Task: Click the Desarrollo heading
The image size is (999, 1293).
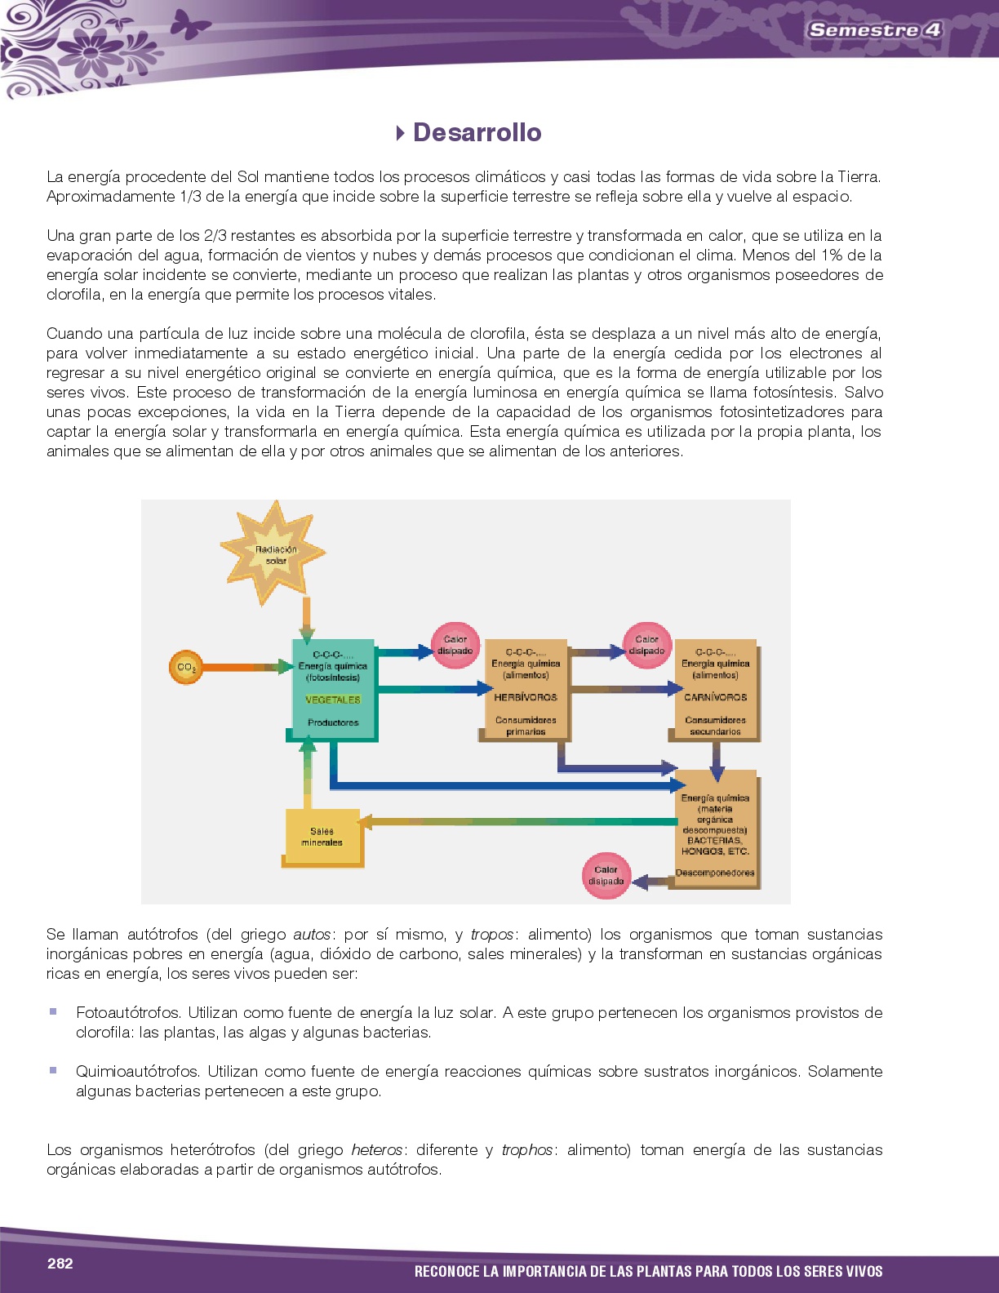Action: [x=477, y=132]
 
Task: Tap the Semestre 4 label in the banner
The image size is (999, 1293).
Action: [x=874, y=30]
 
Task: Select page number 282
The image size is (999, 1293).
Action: [x=60, y=1263]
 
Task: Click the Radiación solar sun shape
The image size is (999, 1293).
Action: [x=273, y=553]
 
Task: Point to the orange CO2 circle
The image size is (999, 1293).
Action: [x=186, y=668]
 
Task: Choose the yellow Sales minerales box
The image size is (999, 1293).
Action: [x=322, y=837]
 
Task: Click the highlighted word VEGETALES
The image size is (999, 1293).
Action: [x=332, y=700]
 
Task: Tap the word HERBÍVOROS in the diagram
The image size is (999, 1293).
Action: [x=526, y=697]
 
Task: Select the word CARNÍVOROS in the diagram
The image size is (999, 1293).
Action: [x=715, y=697]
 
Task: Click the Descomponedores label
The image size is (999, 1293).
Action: [x=715, y=873]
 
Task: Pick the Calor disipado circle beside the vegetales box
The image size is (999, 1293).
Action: [x=455, y=645]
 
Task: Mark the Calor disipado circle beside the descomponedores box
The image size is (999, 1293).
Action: [x=606, y=875]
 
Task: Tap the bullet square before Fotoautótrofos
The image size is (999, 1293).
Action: [x=53, y=1011]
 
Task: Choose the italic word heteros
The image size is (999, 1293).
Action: [x=376, y=1149]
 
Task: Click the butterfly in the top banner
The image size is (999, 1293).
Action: [x=189, y=24]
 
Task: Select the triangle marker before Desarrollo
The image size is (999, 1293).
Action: [x=400, y=132]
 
